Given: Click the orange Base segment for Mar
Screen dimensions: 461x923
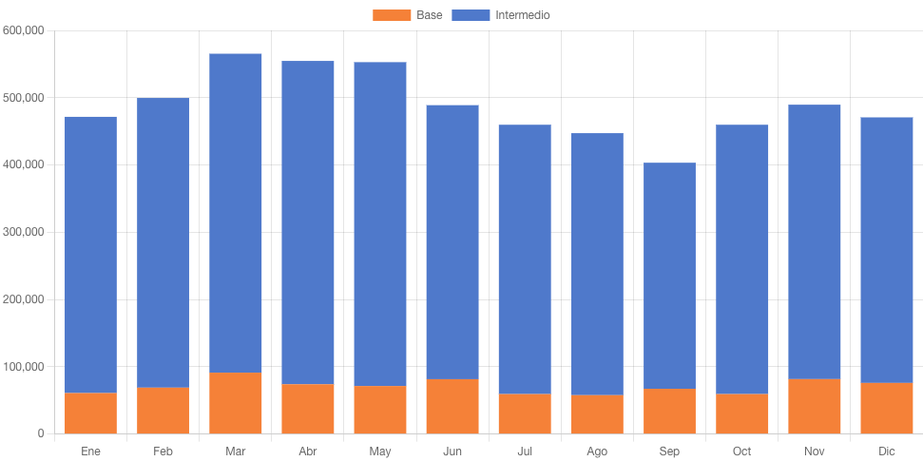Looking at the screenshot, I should coord(235,403).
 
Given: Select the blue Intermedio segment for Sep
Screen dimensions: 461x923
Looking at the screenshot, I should coord(669,276).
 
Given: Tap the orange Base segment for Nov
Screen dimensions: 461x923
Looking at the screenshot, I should coord(815,407).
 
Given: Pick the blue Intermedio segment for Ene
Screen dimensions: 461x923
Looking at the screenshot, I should coord(90,255).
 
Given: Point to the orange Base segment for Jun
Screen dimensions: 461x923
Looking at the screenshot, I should coord(452,407).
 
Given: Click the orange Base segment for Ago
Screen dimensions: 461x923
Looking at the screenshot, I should coord(597,414).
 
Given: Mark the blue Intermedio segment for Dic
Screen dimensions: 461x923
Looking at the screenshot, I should coord(887,250).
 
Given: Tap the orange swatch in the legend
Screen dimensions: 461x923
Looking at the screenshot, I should coord(391,15).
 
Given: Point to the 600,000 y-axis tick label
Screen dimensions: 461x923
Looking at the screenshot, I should coord(25,30).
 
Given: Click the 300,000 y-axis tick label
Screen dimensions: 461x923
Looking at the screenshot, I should coord(25,232).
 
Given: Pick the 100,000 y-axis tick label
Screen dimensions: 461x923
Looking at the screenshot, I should coord(25,367).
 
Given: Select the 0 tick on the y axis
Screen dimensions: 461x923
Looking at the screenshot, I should coord(41,434).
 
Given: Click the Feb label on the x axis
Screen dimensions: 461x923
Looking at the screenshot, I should coord(163,451).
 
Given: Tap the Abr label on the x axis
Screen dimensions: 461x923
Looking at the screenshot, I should coord(307,451).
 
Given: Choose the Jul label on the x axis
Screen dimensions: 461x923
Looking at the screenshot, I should coord(525,451).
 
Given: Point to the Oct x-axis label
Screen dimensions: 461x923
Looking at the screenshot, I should coord(741,451).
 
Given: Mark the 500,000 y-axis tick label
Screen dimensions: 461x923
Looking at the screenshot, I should coord(25,98).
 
